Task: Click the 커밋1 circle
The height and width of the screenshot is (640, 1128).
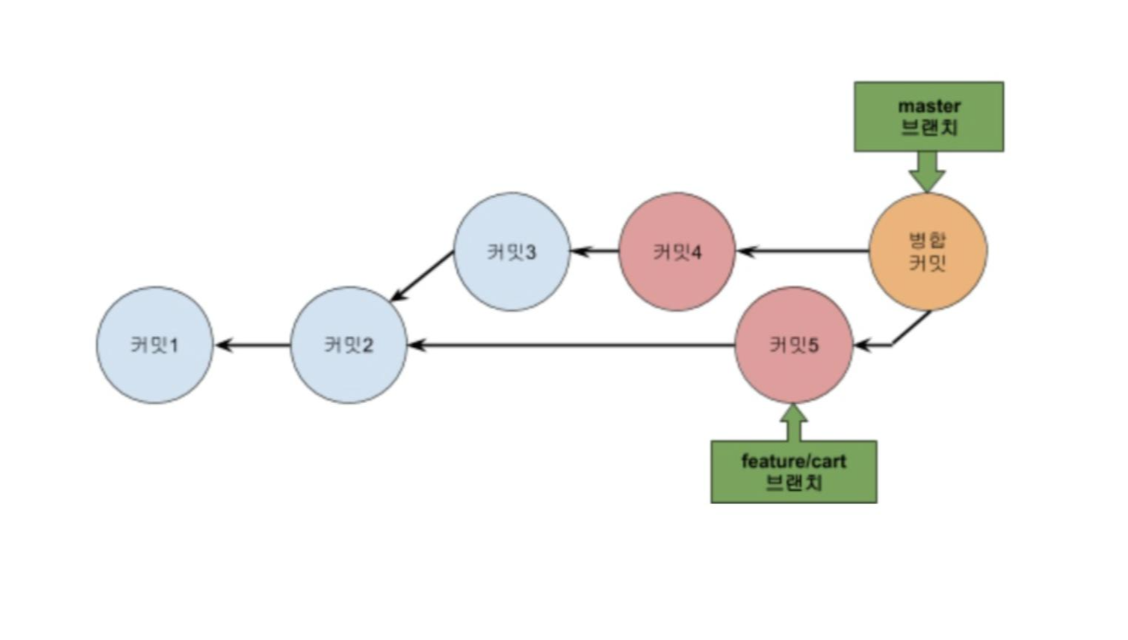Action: click(155, 345)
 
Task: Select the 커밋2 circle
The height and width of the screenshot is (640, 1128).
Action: click(349, 345)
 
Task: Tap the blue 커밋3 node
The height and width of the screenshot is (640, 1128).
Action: click(512, 252)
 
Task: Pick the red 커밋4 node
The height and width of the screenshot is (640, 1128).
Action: click(677, 252)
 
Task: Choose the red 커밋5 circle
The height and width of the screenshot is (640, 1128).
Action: click(794, 345)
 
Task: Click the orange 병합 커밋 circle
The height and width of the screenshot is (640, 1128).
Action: click(928, 252)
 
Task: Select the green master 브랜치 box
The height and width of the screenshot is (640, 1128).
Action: click(929, 117)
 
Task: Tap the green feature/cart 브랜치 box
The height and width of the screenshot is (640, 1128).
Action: click(793, 472)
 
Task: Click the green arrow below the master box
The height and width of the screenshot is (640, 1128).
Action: click(927, 172)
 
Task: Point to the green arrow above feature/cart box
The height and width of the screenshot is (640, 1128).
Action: click(793, 423)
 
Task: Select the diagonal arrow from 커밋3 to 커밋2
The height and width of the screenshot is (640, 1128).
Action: click(422, 276)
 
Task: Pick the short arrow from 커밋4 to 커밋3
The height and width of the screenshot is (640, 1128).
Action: click(595, 252)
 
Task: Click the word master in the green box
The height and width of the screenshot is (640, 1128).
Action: click(929, 106)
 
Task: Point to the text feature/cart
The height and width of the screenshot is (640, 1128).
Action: click(793, 461)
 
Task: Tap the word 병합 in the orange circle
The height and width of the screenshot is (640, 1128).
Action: click(927, 240)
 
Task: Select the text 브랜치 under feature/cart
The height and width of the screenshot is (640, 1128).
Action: click(793, 484)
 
